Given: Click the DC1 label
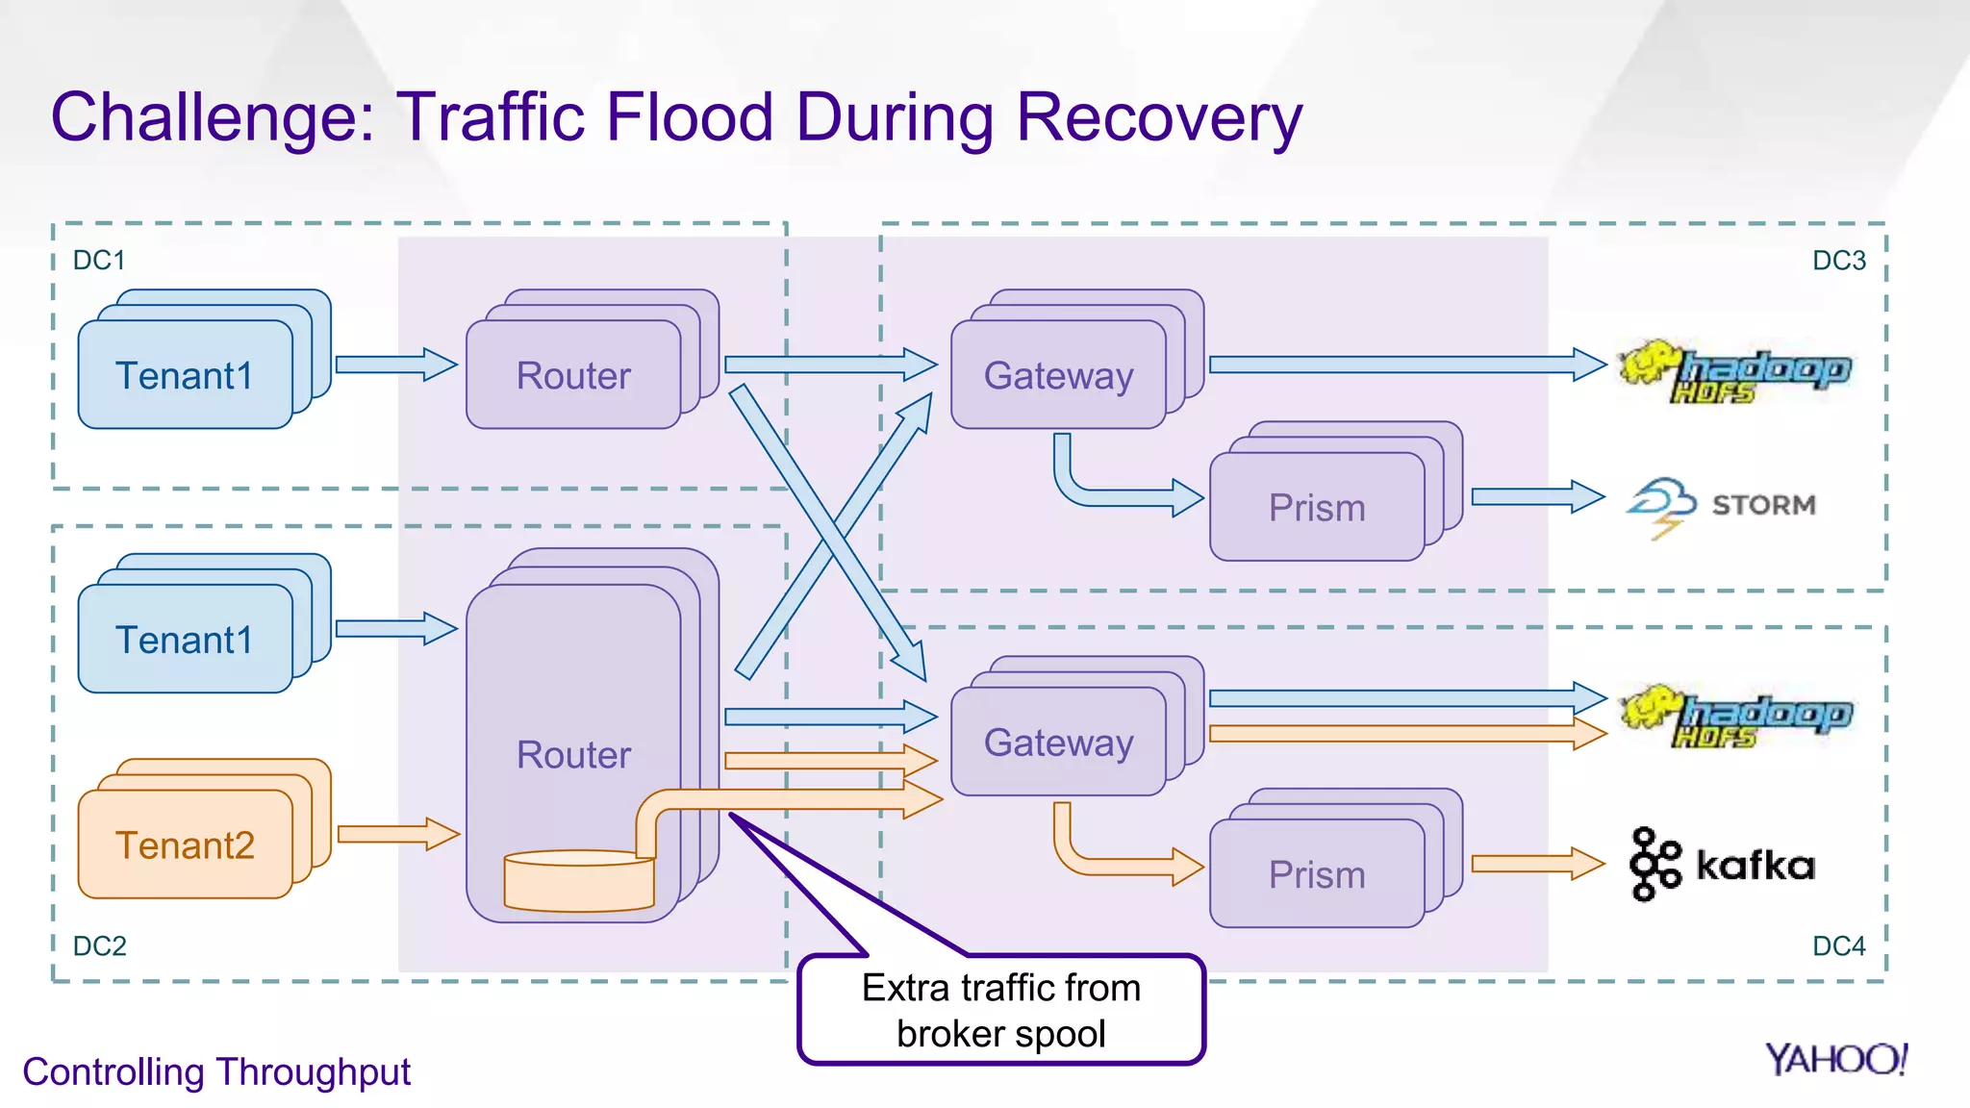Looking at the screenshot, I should point(99,261).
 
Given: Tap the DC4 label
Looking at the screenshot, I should point(1838,946).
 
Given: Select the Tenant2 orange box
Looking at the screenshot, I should point(185,844).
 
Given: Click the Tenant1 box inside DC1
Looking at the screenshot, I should point(185,375).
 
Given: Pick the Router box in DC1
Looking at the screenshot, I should point(573,375).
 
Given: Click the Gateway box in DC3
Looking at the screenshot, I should point(1058,375).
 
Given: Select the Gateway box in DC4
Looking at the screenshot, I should point(1058,743).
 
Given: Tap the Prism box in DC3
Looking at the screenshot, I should point(1316,507).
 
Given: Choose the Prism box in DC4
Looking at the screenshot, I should point(1316,874).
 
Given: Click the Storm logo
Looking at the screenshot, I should point(1722,505).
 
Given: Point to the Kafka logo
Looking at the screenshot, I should point(1722,864).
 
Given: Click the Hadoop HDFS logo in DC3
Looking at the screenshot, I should point(1734,370).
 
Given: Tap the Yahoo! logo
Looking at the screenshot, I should point(1835,1059).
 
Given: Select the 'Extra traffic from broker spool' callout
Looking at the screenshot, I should point(1000,1010).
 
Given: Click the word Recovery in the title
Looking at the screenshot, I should point(1158,117).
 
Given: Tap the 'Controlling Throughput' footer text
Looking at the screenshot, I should point(216,1071).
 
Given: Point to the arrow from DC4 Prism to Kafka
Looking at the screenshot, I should point(1536,864).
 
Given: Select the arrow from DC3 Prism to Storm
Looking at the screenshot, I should point(1536,497).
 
